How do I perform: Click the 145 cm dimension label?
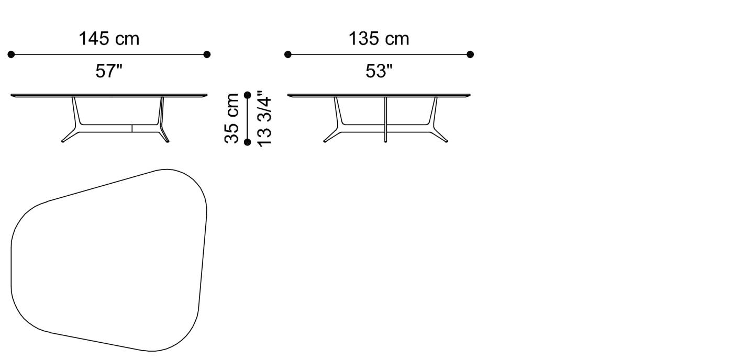click(x=109, y=39)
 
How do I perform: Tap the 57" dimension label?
click(x=109, y=71)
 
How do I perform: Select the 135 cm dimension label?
click(x=379, y=39)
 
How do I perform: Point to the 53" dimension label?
click(x=379, y=71)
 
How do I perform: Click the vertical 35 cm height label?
click(x=232, y=118)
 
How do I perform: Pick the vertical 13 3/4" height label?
click(x=265, y=118)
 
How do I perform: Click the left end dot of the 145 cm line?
click(x=11, y=54)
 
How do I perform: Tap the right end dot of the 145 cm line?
click(x=207, y=54)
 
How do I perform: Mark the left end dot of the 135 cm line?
click(x=287, y=54)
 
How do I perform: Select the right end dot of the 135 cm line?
click(x=470, y=54)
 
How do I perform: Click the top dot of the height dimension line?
click(x=248, y=95)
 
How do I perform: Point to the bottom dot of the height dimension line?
click(x=248, y=141)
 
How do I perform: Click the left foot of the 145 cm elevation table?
click(x=64, y=140)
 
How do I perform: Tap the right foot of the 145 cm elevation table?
click(x=166, y=140)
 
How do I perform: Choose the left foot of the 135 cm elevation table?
click(x=326, y=140)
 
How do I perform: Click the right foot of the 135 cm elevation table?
click(x=445, y=140)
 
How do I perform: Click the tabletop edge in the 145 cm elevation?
click(x=109, y=95)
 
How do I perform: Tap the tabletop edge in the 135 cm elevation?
click(x=379, y=95)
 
